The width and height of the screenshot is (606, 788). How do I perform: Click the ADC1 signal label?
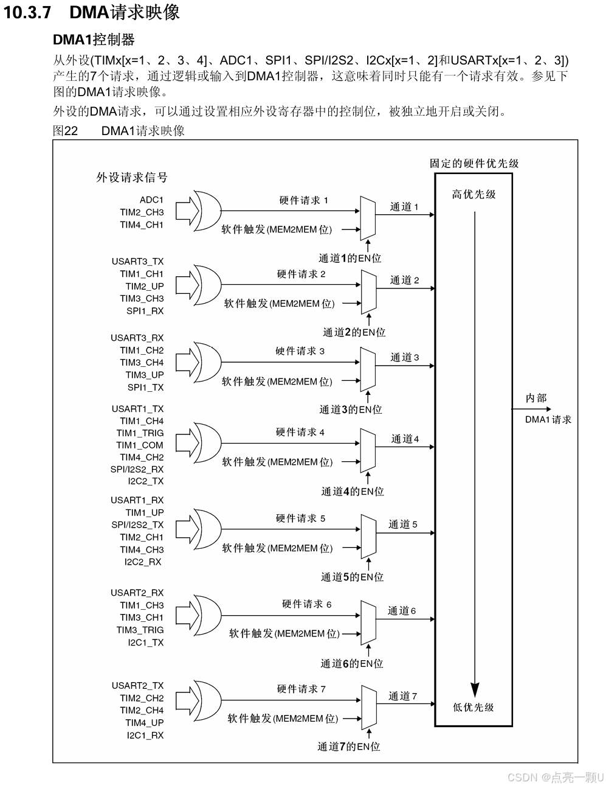pyautogui.click(x=151, y=200)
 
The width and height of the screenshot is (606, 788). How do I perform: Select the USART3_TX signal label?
pyautogui.click(x=137, y=262)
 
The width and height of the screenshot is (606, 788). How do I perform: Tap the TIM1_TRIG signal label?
pyautogui.click(x=140, y=433)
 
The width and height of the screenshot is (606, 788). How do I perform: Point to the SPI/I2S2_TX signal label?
pyautogui.click(x=137, y=525)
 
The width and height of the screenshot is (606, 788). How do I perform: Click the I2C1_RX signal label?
pyautogui.click(x=145, y=735)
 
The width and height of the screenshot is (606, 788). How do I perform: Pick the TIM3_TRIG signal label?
pyautogui.click(x=140, y=630)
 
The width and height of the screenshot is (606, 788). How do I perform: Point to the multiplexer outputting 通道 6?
pyautogui.click(x=368, y=621)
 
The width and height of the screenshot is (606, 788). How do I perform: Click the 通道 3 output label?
pyautogui.click(x=405, y=357)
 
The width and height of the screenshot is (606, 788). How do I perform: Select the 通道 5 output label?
pyautogui.click(x=403, y=524)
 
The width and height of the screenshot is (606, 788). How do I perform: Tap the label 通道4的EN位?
pyautogui.click(x=353, y=491)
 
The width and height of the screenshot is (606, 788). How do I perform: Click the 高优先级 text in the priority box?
pyautogui.click(x=473, y=195)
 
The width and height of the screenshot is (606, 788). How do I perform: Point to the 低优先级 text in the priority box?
pyautogui.click(x=473, y=707)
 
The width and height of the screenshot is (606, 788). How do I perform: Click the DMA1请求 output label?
pyautogui.click(x=548, y=419)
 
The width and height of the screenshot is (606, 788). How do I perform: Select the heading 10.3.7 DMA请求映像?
pyautogui.click(x=92, y=12)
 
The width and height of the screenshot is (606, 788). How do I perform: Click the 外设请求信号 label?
pyautogui.click(x=132, y=178)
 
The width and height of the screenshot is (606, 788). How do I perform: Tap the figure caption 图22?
pyautogui.click(x=66, y=130)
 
